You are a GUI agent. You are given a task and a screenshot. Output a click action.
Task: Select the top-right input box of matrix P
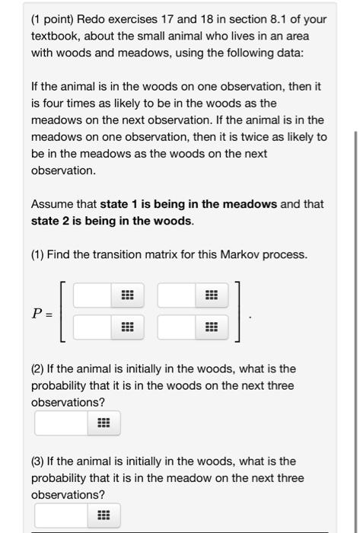177,295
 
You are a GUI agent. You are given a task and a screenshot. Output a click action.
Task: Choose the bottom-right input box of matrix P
177,328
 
